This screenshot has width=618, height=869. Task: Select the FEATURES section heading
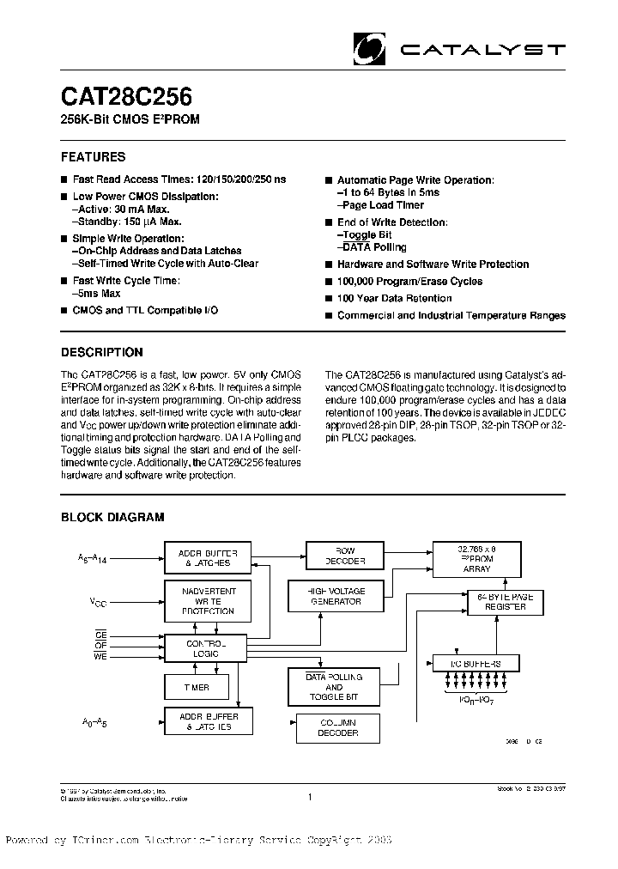(93, 157)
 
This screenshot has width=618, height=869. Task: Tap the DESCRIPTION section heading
(101, 352)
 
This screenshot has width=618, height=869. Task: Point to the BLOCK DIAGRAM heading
(112, 517)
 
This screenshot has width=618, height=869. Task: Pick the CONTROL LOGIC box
(205, 648)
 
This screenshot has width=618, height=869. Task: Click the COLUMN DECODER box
(337, 727)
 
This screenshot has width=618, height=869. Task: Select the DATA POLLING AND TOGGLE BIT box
(333, 687)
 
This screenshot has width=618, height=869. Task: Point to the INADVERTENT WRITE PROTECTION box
(205, 599)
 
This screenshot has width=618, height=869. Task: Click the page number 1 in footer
(309, 798)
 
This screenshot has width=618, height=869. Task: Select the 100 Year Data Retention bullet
(394, 299)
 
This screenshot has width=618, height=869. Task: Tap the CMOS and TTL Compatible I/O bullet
(144, 310)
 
